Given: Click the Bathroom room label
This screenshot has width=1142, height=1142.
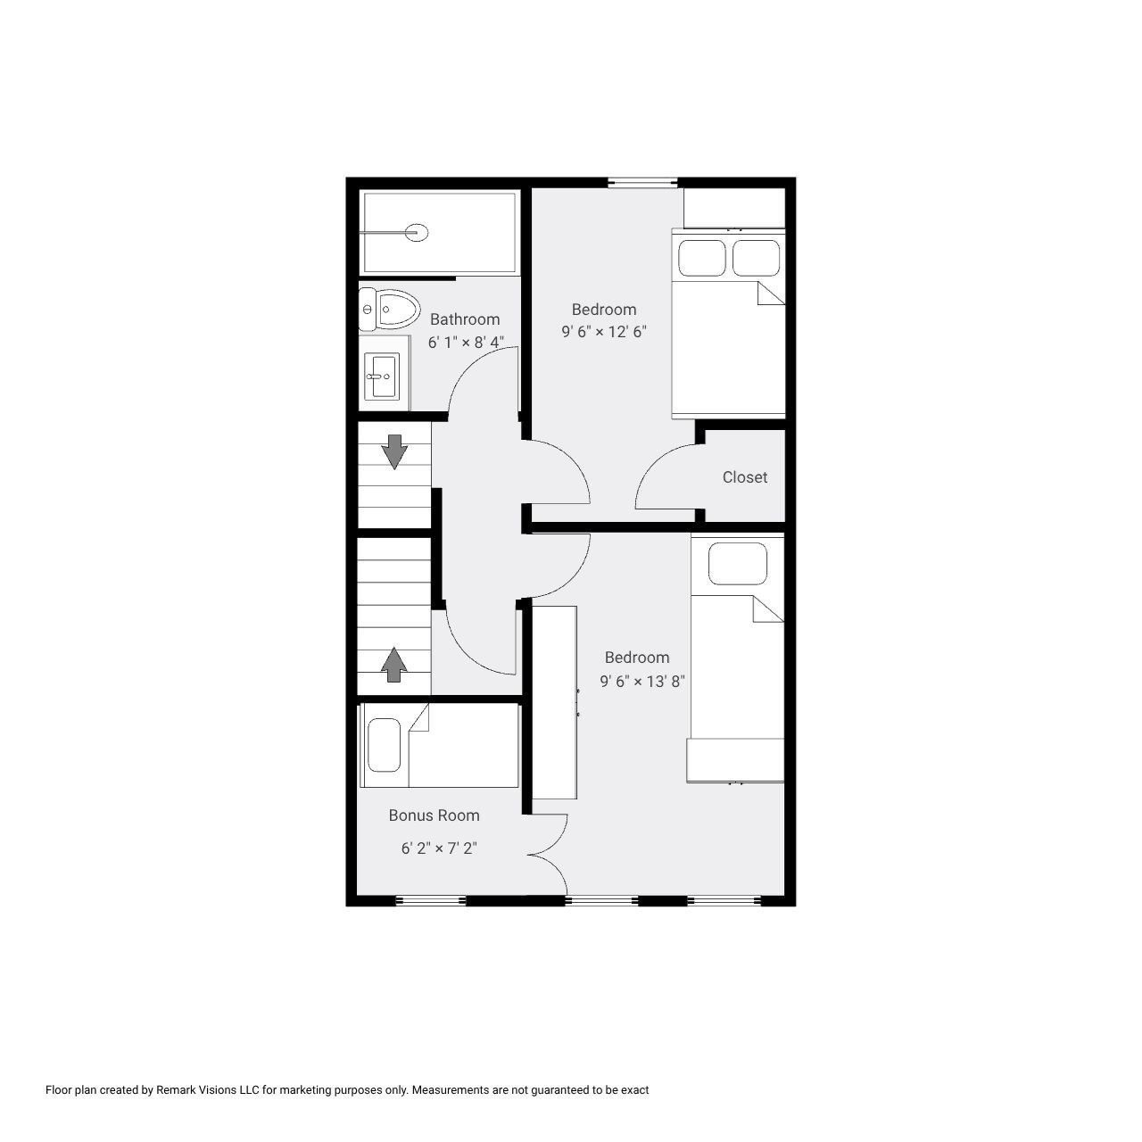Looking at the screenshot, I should [465, 319].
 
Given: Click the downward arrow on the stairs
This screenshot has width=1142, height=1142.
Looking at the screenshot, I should [393, 451].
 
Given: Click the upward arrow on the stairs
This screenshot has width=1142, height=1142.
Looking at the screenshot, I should [393, 665].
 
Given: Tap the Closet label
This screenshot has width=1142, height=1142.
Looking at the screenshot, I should [745, 477].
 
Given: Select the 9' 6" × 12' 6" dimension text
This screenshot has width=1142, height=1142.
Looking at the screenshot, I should [604, 332].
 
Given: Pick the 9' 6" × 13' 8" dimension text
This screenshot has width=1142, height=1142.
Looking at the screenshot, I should [642, 682].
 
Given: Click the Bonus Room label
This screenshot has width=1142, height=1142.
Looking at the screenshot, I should [434, 815].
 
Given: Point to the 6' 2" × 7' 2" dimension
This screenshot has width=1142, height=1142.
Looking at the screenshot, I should [439, 848].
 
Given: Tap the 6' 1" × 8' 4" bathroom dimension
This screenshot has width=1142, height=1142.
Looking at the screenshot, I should [467, 342].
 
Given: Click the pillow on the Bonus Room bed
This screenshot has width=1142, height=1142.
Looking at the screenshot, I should [385, 746].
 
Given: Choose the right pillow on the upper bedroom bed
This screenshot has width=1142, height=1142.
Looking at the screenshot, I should [757, 258].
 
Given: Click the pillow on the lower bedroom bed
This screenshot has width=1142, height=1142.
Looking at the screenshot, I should [738, 564].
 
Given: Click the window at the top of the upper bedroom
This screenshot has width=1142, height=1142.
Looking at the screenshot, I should [643, 183].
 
